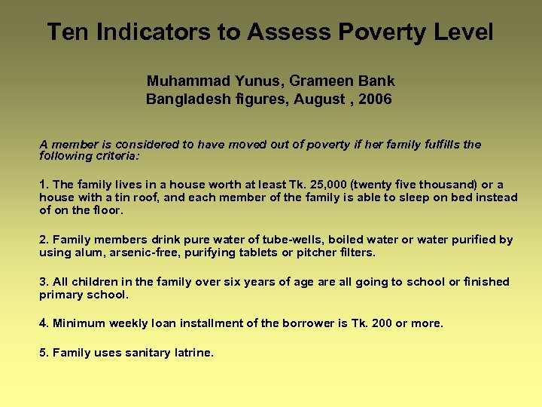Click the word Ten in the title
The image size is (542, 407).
click(x=64, y=32)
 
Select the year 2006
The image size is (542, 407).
click(x=376, y=99)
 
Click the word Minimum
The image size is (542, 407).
click(x=79, y=323)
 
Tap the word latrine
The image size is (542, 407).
click(x=194, y=353)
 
